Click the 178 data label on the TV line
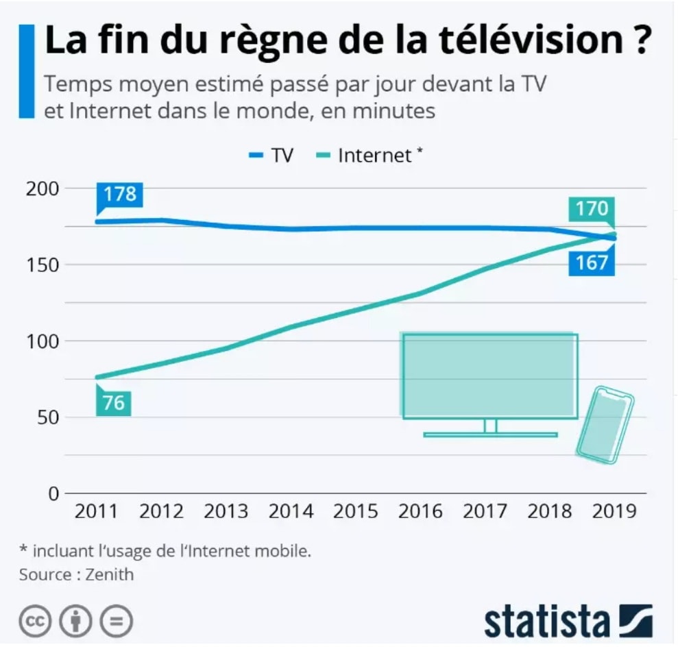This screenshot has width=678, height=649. click(x=121, y=194)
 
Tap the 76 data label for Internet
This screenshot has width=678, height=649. click(x=114, y=402)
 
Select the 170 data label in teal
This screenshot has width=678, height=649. click(x=592, y=208)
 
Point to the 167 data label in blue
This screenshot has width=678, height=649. click(x=591, y=262)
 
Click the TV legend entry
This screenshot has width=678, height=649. click(x=271, y=155)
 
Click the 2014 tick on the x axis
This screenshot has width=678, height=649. click(x=290, y=511)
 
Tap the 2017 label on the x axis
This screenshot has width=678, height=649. click(x=485, y=511)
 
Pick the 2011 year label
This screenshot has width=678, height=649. click(x=96, y=511)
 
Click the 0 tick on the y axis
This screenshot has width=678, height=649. click(x=53, y=493)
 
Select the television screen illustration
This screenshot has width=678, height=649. click(x=489, y=376)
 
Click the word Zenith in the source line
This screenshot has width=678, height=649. click(x=110, y=574)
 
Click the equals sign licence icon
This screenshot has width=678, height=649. click(x=116, y=621)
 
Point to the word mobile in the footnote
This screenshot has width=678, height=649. click(x=285, y=551)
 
